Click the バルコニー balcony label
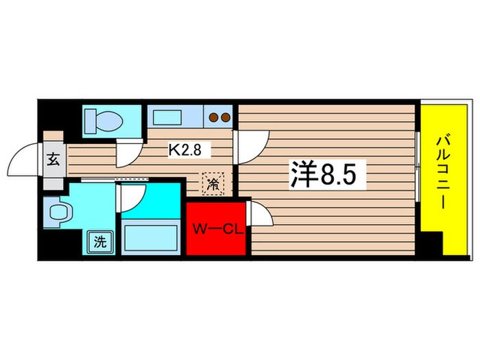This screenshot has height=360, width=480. click(x=443, y=171)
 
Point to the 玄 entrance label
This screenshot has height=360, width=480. click(x=53, y=161)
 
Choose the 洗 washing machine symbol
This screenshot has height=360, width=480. click(x=99, y=241)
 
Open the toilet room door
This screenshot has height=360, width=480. click(x=128, y=152)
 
